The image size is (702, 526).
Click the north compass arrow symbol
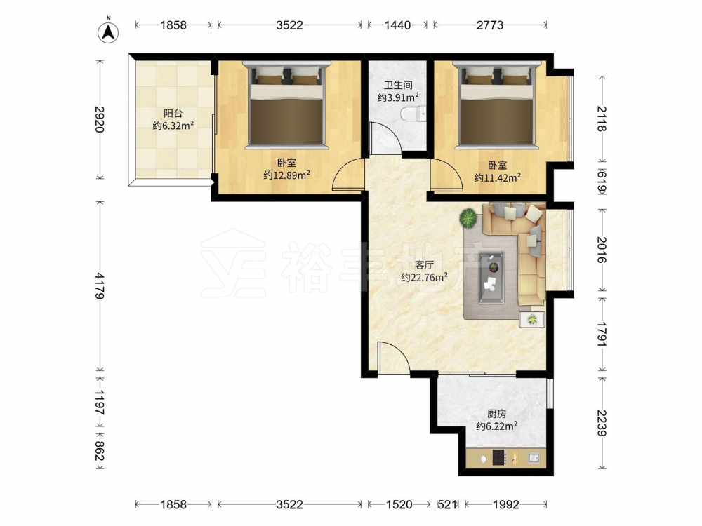108,32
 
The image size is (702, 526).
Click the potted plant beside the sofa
468,218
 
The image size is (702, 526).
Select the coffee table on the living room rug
491,278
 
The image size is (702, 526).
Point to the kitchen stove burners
499,457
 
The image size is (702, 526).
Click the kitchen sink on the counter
534,457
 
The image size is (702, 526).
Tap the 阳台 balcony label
173,114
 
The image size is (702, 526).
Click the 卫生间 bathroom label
398,85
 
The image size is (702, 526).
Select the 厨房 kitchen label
496,414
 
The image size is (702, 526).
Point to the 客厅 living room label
424,265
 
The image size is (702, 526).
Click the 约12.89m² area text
286,175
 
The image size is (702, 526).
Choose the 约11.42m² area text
498,177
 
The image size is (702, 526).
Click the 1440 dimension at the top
397,25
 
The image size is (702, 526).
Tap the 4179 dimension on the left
100,286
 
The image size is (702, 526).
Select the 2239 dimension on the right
602,423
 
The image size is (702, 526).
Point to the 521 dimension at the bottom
446,504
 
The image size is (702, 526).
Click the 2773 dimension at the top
490,25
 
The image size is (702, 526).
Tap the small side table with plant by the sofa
532,320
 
